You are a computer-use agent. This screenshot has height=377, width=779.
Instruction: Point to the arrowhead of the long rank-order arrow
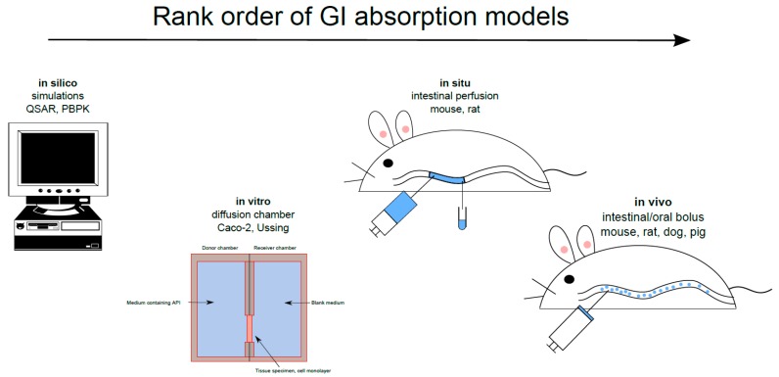coord(681,40)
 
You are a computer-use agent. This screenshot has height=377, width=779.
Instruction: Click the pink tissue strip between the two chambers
coord(250,326)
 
